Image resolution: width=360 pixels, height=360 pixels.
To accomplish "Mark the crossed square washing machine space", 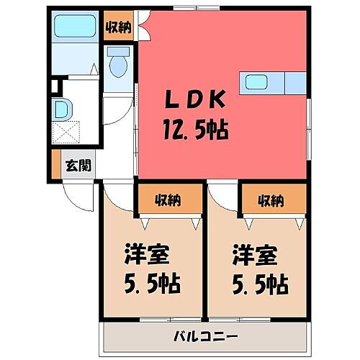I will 71,134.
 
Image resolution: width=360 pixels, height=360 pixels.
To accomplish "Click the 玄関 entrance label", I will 78,166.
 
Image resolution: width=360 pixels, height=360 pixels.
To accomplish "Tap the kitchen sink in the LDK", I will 257,82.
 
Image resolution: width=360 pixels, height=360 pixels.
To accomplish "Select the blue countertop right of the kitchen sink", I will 295,84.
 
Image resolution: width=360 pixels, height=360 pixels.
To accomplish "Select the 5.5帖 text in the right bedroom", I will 258,283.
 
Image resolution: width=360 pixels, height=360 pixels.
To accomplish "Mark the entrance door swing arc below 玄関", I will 77,193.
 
